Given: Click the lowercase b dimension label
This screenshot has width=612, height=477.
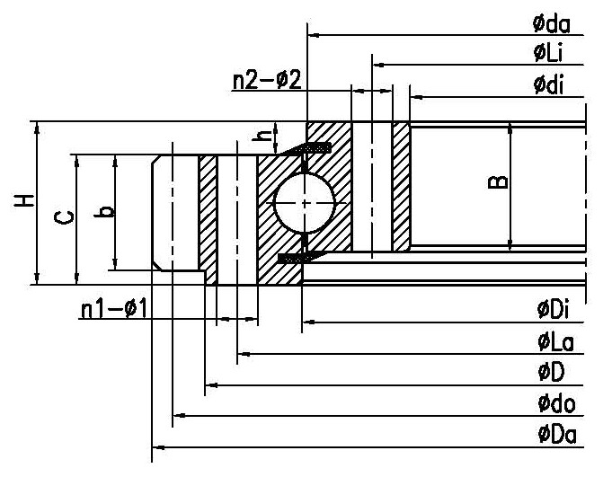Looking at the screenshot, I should (x=106, y=212).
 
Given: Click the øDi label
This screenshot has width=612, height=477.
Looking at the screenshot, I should (x=554, y=311).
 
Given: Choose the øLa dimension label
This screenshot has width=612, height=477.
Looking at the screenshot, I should (x=555, y=341).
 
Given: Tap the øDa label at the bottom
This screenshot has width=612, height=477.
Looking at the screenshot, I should (x=556, y=435).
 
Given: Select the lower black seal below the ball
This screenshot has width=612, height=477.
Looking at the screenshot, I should (x=297, y=259).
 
